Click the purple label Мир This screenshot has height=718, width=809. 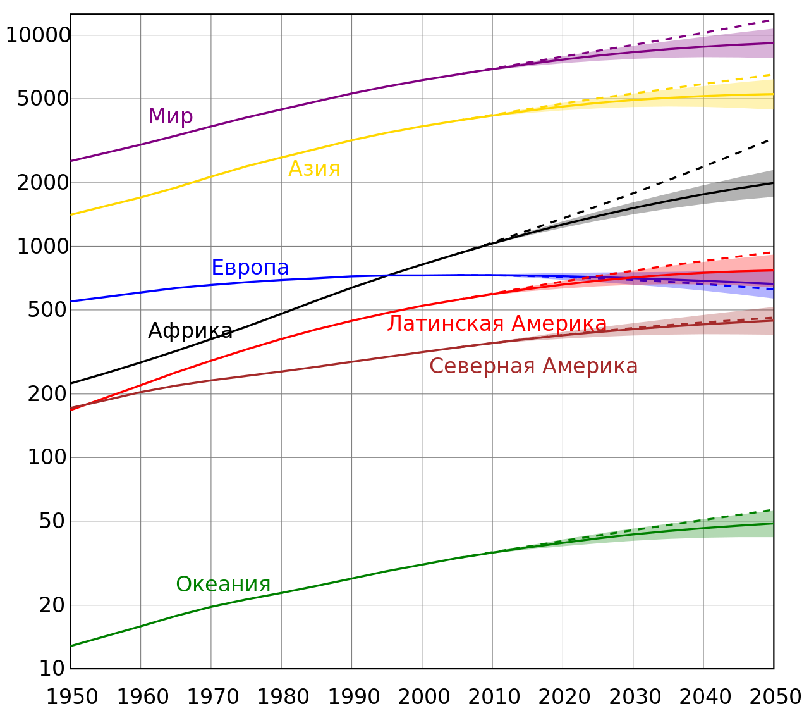[171, 116]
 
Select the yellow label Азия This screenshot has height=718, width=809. [314, 169]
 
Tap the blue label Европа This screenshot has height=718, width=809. [250, 268]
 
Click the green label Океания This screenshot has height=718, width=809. [223, 585]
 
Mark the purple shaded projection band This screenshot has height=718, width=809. [727, 47]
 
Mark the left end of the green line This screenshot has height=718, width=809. [72, 645]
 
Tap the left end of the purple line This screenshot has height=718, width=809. [72, 161]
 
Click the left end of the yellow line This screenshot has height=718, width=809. [72, 214]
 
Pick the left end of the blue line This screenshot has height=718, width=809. [72, 301]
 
